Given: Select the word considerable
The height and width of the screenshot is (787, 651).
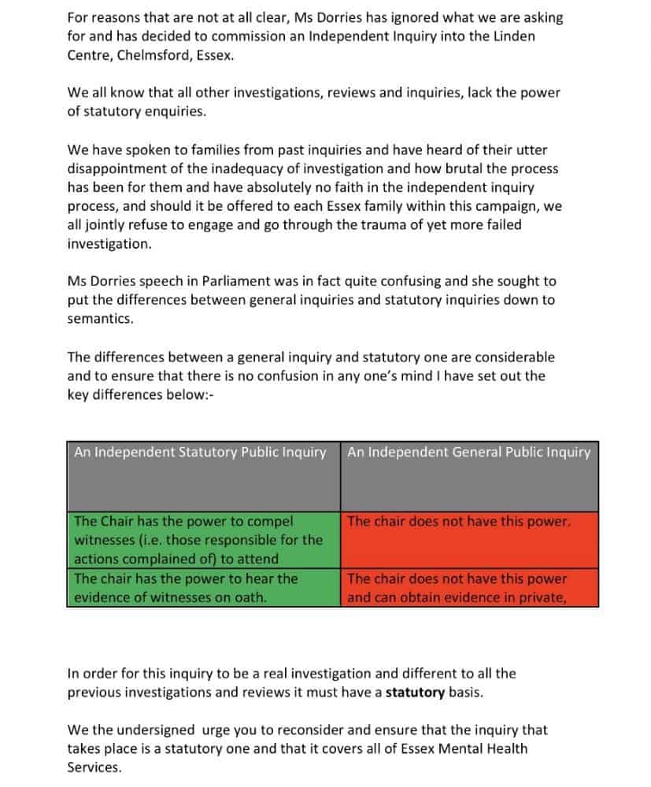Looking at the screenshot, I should pos(506,357).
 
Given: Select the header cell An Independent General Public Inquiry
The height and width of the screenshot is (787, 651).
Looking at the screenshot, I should pos(469,475).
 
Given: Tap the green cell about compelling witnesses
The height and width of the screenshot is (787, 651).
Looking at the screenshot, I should pos(203,539).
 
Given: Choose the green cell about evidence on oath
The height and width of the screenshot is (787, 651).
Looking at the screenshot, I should pos(203,587).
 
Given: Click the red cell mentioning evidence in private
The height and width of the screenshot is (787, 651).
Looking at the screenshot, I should pos(469,587).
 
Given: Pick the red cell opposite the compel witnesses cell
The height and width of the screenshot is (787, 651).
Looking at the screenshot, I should pos(469,539).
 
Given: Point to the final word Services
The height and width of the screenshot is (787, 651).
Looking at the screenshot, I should pos(94,767).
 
